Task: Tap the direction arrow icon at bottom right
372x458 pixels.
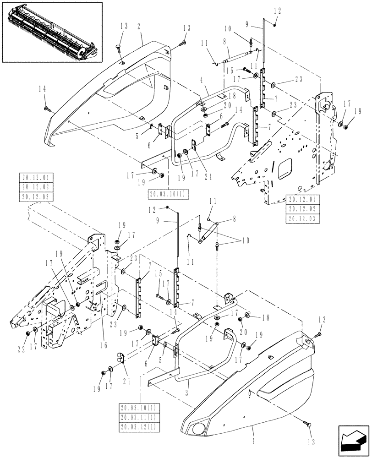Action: (353, 441)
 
